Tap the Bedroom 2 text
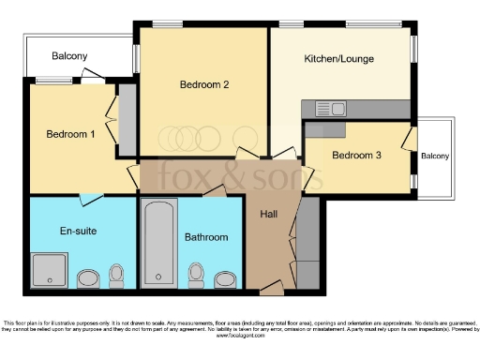(204, 83)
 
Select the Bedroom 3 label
(356, 155)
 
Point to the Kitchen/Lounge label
(338, 59)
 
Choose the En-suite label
(78, 230)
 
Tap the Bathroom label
(205, 237)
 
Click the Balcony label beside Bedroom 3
(434, 156)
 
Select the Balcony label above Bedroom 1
(69, 56)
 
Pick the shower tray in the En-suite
(44, 270)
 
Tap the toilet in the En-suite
(116, 274)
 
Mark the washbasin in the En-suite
(87, 278)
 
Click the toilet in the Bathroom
(196, 274)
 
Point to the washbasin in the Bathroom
(225, 278)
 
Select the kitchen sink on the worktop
(330, 110)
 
